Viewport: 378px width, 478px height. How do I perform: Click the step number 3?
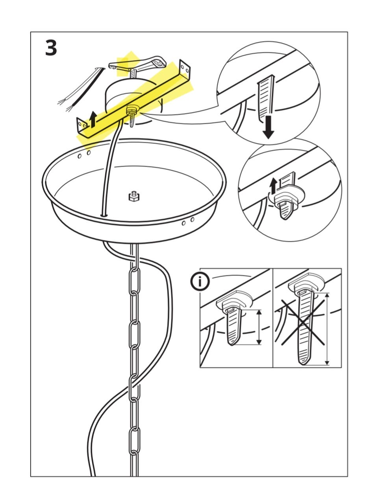(x=51, y=48)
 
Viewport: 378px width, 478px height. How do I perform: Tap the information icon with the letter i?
(x=200, y=281)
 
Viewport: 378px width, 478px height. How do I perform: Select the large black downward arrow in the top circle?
(x=268, y=127)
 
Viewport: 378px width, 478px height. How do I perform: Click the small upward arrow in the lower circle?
(x=273, y=186)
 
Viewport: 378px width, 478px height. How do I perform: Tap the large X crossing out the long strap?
(x=303, y=322)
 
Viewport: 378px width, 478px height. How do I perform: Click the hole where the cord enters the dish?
(x=104, y=215)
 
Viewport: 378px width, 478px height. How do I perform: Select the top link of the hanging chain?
(x=135, y=280)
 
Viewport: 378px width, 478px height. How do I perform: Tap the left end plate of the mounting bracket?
(x=82, y=125)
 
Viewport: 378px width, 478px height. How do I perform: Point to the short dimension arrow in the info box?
(x=259, y=327)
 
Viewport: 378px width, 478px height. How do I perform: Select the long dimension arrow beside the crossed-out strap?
(x=327, y=329)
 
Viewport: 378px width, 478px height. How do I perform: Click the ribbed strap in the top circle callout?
(x=266, y=98)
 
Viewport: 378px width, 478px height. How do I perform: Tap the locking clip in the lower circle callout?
(x=287, y=195)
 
